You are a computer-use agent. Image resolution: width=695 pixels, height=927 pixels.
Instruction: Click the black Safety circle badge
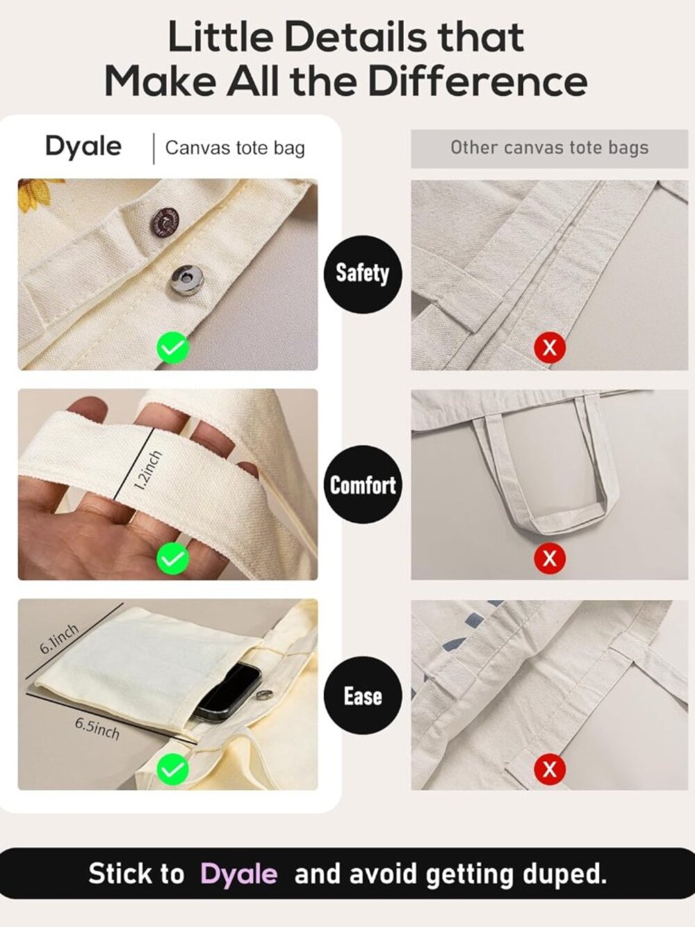pos(363,275)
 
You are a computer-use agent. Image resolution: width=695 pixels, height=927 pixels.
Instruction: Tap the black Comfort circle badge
pos(363,485)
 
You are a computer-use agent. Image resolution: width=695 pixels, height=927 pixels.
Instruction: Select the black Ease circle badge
pos(363,695)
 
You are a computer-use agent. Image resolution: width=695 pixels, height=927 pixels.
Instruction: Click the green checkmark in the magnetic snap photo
pos(173,348)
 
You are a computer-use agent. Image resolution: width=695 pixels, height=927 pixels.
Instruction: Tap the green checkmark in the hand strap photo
pos(173,558)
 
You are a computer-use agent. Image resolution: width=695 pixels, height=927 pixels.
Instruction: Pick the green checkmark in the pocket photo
pos(173,768)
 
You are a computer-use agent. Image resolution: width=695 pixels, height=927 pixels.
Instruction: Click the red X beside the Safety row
pos(550,348)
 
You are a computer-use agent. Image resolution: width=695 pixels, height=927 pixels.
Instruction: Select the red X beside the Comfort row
pos(550,558)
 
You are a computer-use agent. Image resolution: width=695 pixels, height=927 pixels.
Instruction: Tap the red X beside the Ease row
pos(550,769)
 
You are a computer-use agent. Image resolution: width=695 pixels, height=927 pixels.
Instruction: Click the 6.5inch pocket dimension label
pos(97,729)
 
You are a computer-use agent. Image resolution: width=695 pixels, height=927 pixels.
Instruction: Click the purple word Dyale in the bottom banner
pos(239,873)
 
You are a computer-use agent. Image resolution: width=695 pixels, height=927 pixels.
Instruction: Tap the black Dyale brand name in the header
pos(83,147)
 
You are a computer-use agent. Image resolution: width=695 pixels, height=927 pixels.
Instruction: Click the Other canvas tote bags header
pos(550,147)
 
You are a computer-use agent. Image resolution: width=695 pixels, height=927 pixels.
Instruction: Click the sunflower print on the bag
pos(38,193)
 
